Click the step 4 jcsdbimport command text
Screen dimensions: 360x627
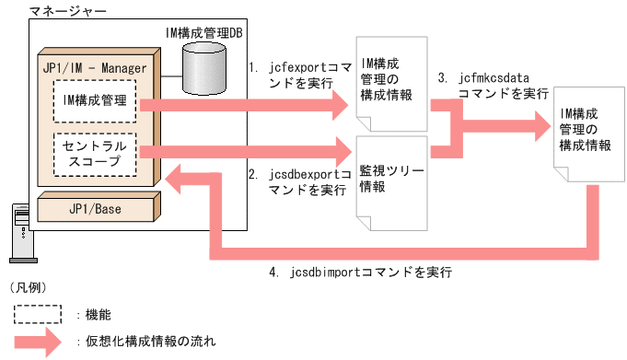pos(359,273)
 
